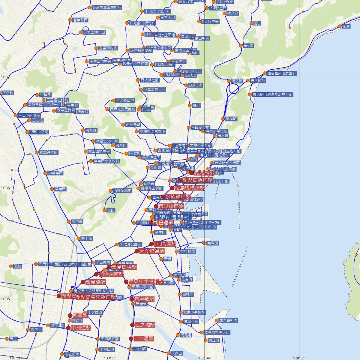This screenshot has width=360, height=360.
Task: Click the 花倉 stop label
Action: [x=346, y=26]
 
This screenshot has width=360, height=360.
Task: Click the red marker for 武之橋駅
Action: [x=132, y=325]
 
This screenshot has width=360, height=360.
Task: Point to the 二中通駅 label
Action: [x=144, y=339]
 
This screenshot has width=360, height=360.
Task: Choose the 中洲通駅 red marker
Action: [x=68, y=328]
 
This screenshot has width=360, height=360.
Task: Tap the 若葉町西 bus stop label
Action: [x=80, y=20]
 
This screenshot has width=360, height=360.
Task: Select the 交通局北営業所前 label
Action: [x=107, y=7]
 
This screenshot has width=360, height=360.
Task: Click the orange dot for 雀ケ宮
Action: [x=241, y=46]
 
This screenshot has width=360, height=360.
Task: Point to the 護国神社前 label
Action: [x=49, y=152]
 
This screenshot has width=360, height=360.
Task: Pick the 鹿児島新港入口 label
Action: [x=217, y=332]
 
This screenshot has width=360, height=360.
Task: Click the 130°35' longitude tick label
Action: [x=299, y=358]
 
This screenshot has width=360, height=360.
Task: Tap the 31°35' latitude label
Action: [x=5, y=299]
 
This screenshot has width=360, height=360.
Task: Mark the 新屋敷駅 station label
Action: [x=144, y=299]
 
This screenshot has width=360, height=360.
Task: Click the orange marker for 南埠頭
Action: [x=204, y=243]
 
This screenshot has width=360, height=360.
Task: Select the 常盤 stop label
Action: [x=17, y=266]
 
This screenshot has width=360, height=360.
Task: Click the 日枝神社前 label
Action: [x=150, y=80]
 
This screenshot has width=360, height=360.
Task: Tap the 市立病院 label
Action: [x=72, y=354]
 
